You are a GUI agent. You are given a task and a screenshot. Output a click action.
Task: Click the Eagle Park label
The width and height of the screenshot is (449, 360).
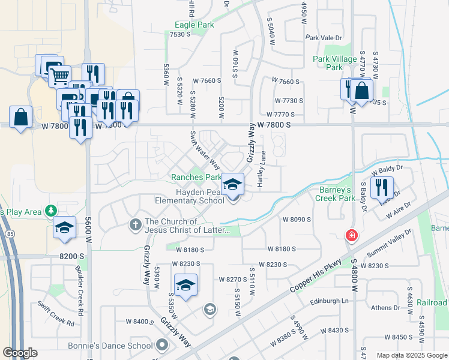coord(194,25)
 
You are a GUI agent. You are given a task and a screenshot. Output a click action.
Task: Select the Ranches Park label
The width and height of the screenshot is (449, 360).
coord(196,177)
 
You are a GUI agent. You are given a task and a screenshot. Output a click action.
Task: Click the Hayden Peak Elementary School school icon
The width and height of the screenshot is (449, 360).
coord(233,184)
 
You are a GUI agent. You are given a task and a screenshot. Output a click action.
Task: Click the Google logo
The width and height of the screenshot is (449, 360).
coord(20,353)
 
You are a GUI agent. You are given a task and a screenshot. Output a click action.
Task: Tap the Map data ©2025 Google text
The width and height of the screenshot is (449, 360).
coord(412,355)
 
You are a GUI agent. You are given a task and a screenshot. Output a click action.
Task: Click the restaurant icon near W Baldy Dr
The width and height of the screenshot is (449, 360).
coord(382,187)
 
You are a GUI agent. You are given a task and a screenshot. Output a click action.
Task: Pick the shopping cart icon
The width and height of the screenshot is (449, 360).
coord(59,76)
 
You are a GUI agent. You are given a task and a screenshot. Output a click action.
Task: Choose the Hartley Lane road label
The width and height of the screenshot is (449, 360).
coord(262,169)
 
